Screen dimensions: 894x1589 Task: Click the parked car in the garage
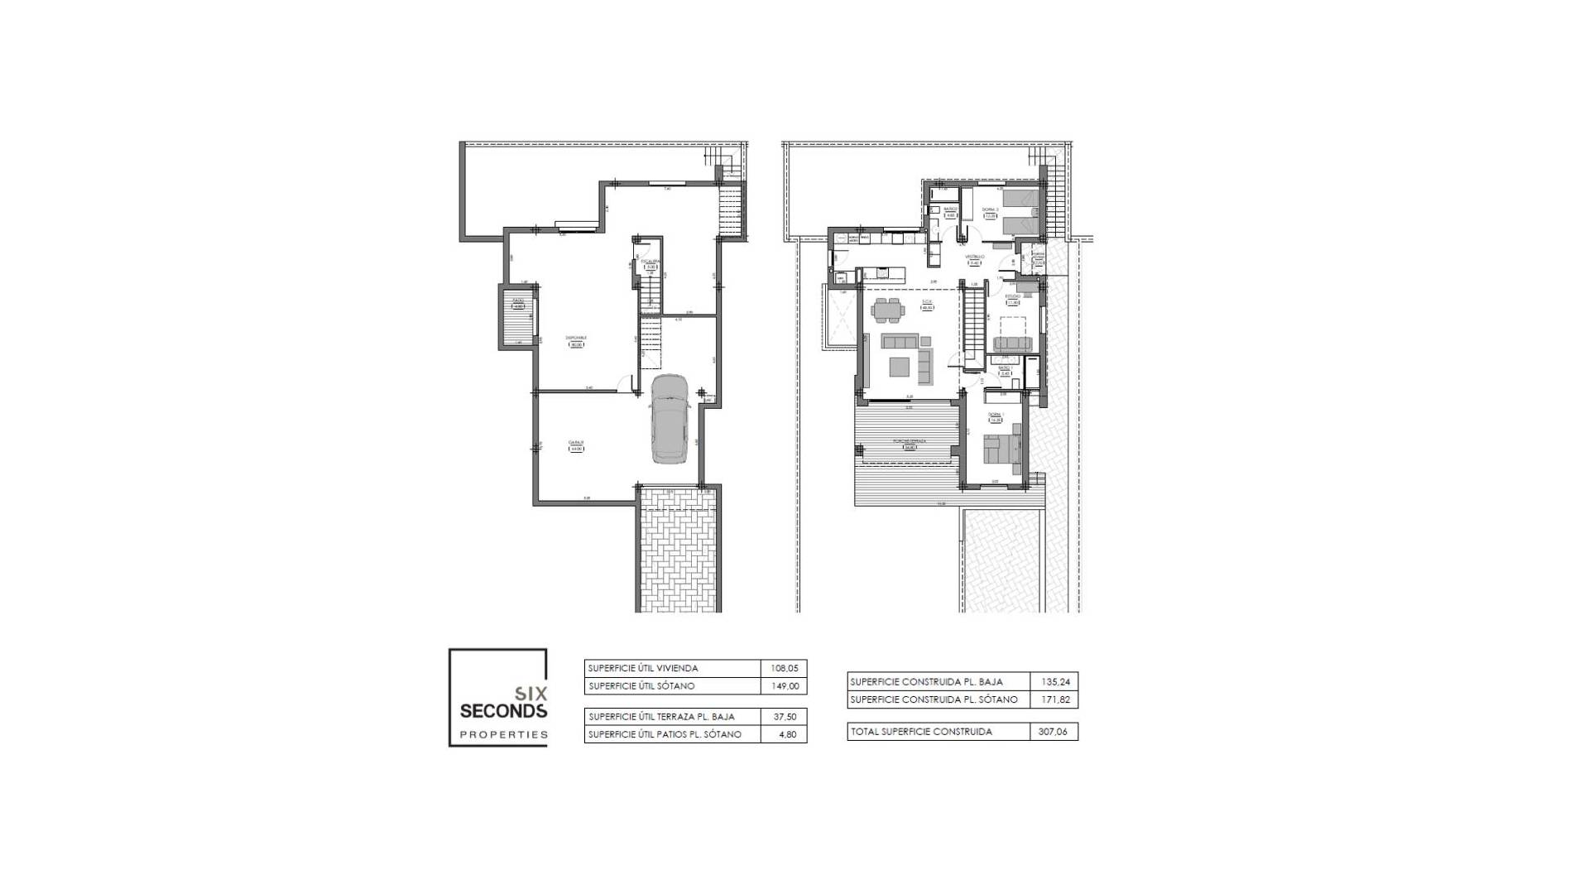point(670,420)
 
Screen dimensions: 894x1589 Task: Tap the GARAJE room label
point(576,444)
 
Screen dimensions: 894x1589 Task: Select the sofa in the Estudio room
point(1012,344)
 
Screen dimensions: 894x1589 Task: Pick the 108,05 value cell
point(783,668)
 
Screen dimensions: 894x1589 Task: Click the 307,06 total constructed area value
point(1054,732)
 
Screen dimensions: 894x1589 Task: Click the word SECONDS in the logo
point(503,711)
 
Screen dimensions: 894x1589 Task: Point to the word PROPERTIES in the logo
point(503,734)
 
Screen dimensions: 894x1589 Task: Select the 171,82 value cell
point(1054,699)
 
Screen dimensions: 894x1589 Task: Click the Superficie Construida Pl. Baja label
point(926,682)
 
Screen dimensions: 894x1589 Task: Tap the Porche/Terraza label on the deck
point(909,441)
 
